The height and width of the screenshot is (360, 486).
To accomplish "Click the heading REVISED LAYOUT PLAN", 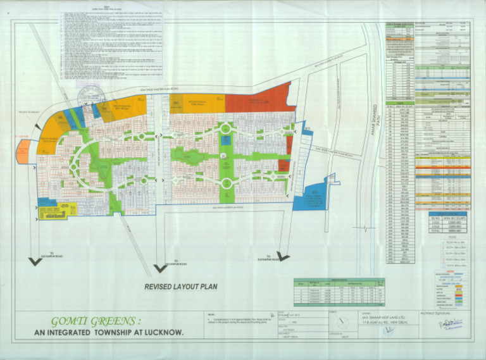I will click(x=180, y=287).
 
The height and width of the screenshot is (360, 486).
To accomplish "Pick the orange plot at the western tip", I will click(x=23, y=152).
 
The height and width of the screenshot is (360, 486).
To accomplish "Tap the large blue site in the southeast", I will click(x=314, y=198).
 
